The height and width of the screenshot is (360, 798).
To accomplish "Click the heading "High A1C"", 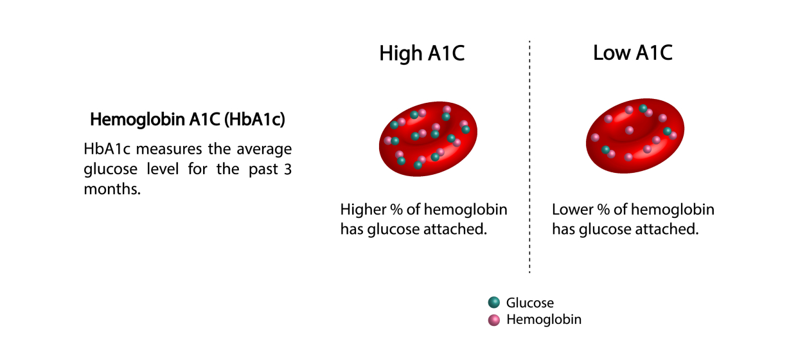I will click(421, 53).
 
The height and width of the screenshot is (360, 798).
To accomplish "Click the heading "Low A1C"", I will click(632, 53).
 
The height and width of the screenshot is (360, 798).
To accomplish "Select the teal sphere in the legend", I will click(494, 303).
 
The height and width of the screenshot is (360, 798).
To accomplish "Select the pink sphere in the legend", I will click(494, 319).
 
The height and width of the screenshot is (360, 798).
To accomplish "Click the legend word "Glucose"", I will click(529, 303).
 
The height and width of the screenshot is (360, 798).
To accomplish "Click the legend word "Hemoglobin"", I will click(544, 319).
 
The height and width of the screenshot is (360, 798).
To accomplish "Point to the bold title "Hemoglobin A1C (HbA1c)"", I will click(187, 120).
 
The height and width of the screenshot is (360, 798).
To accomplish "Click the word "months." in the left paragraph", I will click(112, 190).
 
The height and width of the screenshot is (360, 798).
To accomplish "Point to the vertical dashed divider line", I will click(529, 161).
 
